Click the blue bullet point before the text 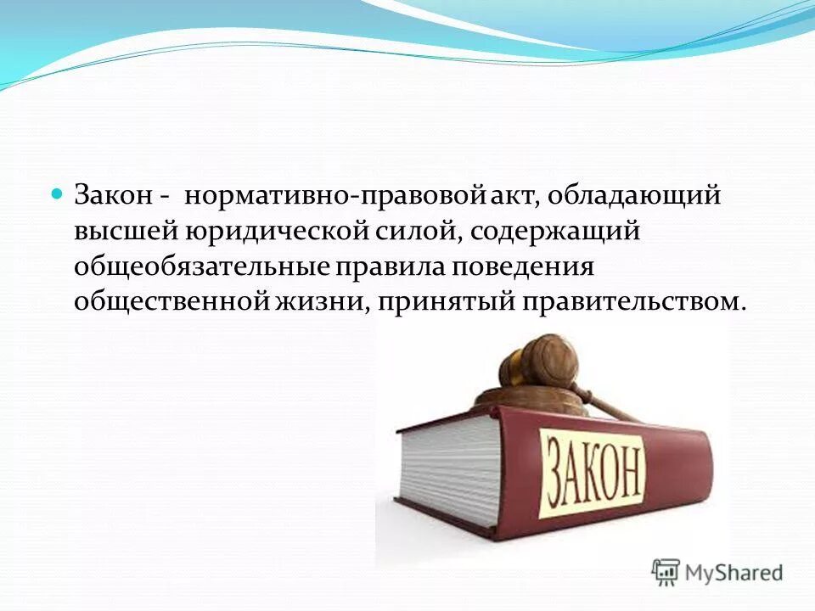58,193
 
